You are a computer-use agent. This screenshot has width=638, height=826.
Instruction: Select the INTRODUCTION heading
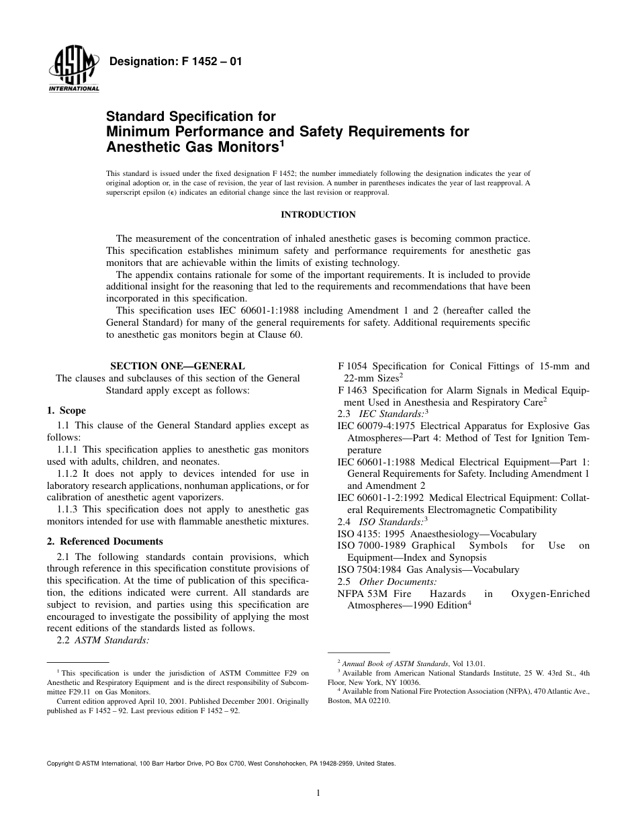(318, 215)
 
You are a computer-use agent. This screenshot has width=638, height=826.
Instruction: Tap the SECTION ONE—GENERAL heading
(177, 366)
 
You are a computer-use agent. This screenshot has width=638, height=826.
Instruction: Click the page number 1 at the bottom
(318, 793)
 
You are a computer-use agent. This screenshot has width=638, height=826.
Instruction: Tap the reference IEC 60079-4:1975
(376, 426)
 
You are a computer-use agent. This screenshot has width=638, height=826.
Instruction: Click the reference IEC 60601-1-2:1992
(381, 498)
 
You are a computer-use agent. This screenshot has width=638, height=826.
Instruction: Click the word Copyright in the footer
(63, 764)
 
